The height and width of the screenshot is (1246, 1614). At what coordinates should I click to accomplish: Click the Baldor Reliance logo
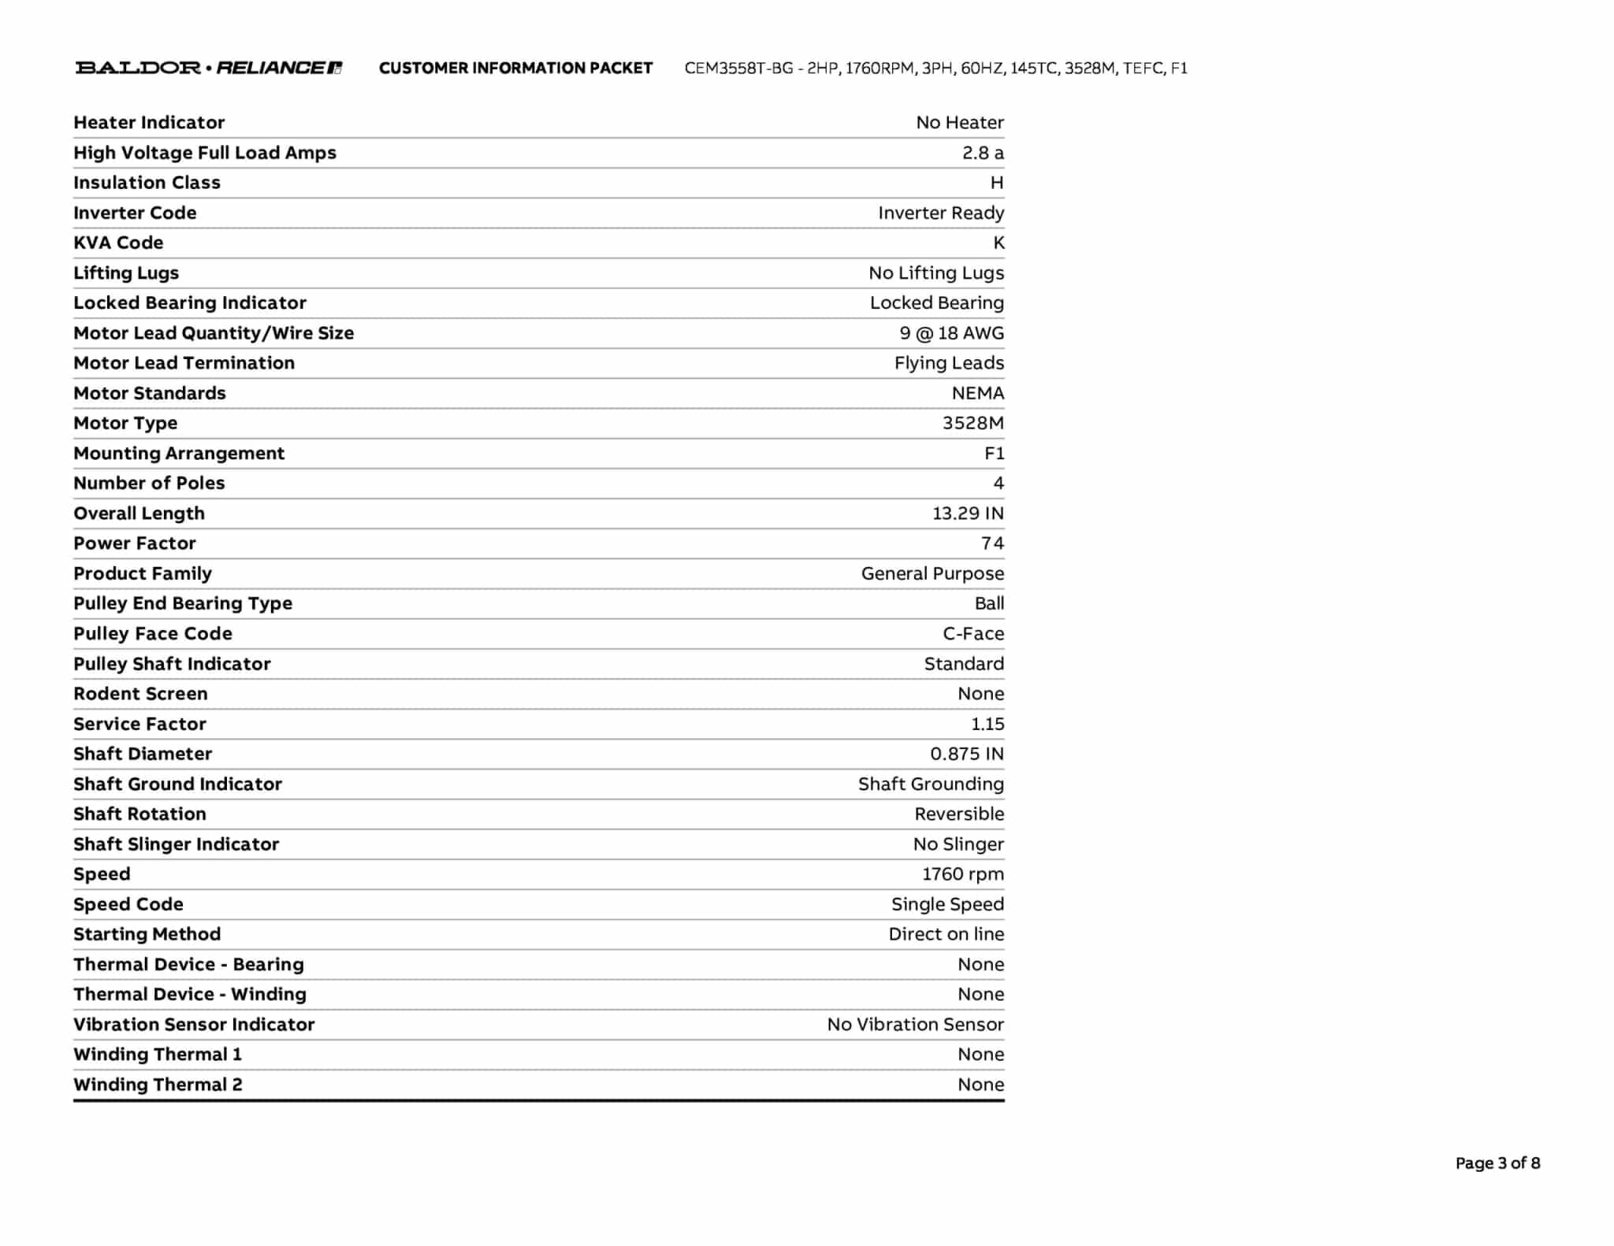(209, 68)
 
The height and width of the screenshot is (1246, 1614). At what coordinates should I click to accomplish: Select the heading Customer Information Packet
(515, 69)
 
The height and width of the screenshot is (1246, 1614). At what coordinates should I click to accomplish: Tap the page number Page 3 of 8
(1497, 1163)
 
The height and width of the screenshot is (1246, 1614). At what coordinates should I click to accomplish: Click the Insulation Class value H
(997, 183)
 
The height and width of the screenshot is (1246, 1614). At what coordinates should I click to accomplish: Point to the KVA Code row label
(118, 243)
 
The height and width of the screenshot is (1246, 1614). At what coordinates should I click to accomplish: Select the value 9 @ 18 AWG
(952, 333)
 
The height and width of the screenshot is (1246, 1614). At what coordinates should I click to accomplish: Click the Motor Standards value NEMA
(978, 393)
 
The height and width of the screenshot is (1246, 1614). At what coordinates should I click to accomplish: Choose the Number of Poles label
(149, 483)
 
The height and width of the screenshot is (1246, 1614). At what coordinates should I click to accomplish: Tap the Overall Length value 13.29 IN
(968, 514)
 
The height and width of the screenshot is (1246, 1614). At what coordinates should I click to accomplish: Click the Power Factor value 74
(992, 543)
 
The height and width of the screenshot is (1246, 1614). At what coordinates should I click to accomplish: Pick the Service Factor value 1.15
(987, 724)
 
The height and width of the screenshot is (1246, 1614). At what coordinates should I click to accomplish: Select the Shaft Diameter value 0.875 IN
(967, 754)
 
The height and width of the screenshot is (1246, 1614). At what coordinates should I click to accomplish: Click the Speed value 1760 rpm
(963, 874)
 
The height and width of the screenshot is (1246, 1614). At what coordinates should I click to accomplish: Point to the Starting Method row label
(147, 934)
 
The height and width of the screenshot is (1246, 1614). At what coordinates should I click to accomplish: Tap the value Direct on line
(946, 934)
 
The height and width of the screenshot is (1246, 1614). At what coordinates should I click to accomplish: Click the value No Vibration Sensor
(916, 1025)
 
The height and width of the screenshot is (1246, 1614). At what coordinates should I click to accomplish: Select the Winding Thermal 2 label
(158, 1085)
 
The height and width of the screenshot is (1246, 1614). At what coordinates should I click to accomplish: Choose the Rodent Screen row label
(140, 694)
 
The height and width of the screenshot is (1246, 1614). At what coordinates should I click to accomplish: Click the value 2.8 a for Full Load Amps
(983, 153)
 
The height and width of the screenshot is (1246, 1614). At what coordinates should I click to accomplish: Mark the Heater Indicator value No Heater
(960, 123)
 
